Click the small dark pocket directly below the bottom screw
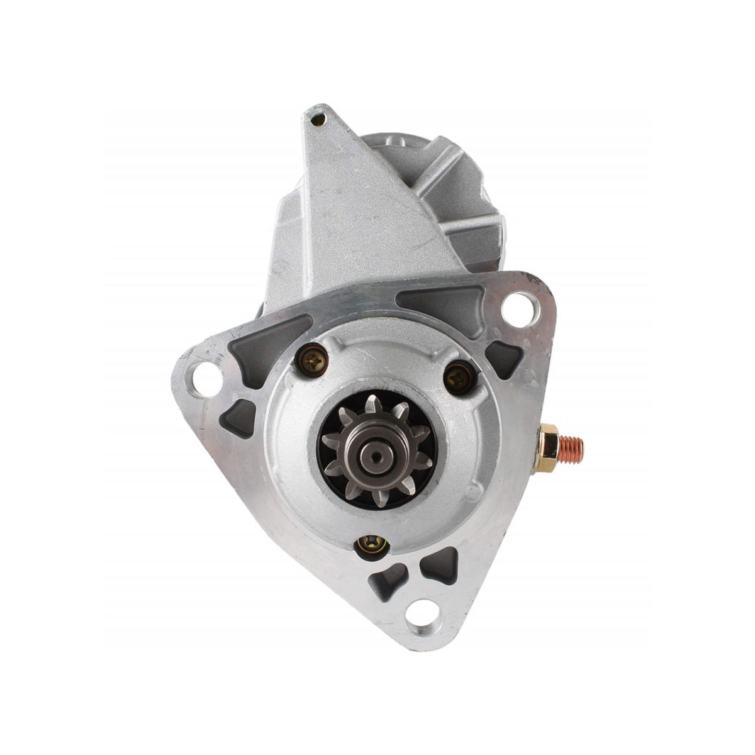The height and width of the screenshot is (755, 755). coord(385,582)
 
